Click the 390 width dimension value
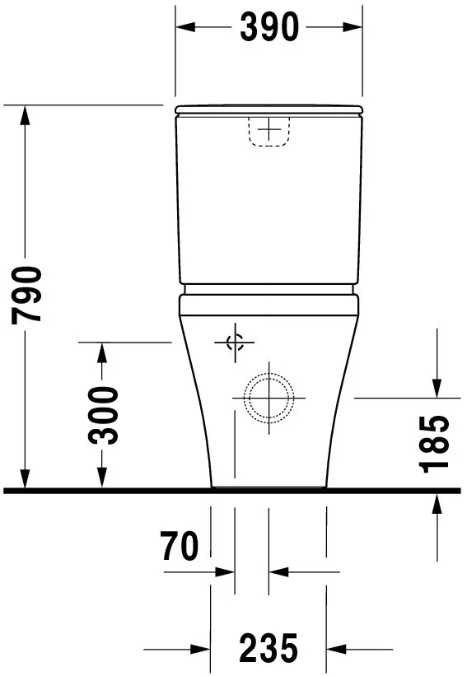pos(269,28)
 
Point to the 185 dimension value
pos(436,445)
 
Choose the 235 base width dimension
pos(269,648)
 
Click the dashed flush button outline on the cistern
pos(269,132)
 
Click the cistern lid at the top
pos(269,109)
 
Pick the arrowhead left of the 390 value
pos(184,28)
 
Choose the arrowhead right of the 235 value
pos(337,648)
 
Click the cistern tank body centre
pos(269,206)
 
